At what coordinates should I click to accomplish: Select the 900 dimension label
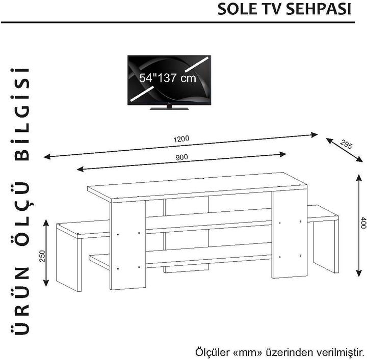coord(182,157)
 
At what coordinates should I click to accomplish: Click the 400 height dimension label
coord(362,223)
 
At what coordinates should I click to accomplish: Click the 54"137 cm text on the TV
coord(168,79)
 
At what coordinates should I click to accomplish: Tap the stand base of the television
coord(168,107)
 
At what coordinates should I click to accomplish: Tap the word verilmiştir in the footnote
coord(336,352)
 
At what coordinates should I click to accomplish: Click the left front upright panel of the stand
coord(128,244)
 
